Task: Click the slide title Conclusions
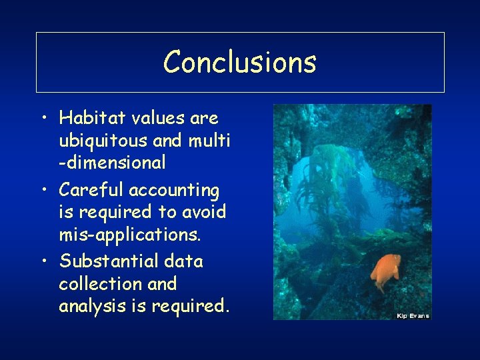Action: click(240, 62)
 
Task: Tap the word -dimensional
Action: click(112, 162)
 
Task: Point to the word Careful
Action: click(91, 191)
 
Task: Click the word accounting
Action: click(174, 191)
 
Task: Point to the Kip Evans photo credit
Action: click(413, 315)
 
